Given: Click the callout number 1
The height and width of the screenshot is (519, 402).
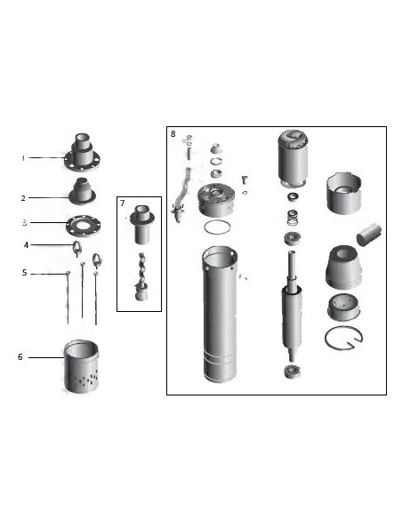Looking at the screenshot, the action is (23, 158).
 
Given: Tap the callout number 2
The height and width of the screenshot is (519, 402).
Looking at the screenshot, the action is (23, 198).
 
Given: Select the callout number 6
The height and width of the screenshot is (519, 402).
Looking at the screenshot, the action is (20, 357).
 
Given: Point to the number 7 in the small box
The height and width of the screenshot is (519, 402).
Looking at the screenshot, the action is (123, 203).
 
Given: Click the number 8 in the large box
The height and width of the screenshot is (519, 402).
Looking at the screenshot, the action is (173, 133).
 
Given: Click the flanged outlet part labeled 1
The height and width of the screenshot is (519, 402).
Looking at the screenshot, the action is (82, 152).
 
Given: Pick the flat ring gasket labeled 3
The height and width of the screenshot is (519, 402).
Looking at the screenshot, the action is (83, 226).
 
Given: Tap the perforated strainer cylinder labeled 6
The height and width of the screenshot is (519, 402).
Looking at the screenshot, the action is (81, 366).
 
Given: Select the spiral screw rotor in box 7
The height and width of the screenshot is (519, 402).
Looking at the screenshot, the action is (142, 276).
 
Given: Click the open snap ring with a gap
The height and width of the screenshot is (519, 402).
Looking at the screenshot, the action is (343, 338).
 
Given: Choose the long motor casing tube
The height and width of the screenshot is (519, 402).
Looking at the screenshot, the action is (220, 315).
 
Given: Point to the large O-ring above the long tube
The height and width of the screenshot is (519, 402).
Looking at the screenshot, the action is (217, 228).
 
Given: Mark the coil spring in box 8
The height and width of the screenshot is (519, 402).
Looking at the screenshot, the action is (293, 217).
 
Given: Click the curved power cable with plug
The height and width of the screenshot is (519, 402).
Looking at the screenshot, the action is (181, 196).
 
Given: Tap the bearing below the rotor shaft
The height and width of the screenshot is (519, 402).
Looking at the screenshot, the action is (293, 371).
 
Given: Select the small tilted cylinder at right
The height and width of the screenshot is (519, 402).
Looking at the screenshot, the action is (368, 235).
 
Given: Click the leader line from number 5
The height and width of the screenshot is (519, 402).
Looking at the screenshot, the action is (49, 274).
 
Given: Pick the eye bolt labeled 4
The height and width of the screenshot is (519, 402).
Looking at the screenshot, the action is (76, 249).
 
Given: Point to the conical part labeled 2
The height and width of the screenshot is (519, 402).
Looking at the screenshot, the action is (82, 191).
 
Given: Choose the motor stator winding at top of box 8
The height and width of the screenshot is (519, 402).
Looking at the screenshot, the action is (293, 158).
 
